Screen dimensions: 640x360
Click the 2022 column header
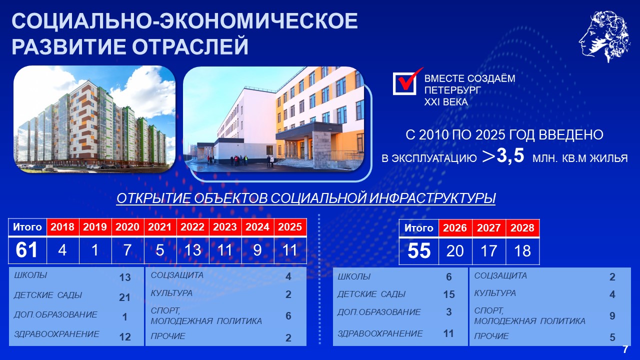click(192, 227)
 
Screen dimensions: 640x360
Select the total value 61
click(26, 250)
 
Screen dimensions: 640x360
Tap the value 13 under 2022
click(192, 250)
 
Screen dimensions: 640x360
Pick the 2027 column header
click(489, 228)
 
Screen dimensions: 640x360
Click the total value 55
click(419, 251)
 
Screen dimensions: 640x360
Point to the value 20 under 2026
click(455, 251)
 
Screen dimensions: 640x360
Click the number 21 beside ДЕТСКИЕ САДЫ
click(124, 297)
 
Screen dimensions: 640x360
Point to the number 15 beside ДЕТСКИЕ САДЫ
click(449, 294)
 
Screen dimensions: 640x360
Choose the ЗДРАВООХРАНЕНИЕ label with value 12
click(56, 333)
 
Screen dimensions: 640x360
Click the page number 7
click(625, 349)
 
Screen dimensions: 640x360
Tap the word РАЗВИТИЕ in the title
click(68, 46)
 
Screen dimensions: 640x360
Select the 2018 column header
click(62, 227)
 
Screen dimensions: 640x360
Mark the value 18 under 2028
click(522, 251)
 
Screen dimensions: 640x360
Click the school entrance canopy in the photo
click(308, 129)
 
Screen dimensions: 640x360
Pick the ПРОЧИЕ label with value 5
click(491, 336)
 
